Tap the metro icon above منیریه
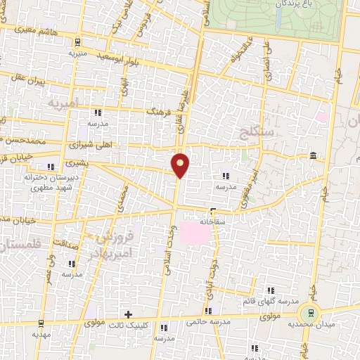click(x=77, y=42)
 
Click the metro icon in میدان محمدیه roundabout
click(x=308, y=311)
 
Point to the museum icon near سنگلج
click(x=311, y=155)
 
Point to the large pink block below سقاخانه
click(x=195, y=233)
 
